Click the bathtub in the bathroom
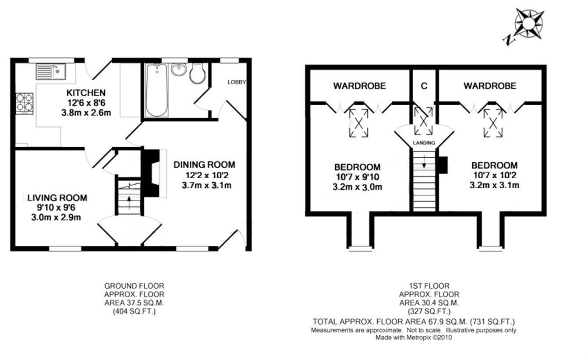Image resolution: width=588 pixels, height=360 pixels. pos(156,90)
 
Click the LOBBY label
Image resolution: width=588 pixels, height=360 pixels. pos(237,82)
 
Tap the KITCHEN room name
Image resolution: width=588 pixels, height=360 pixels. pos(86,93)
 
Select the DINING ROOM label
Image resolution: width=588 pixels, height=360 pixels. pos(204,165)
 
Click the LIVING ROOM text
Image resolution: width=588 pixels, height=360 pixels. pos(57,198)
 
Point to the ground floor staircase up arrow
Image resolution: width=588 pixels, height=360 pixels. pos(129,204)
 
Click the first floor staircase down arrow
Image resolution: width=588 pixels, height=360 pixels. pos(424,163)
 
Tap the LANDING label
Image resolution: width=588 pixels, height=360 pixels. pos(424,143)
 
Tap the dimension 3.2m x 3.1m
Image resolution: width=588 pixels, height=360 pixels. pos(494,185)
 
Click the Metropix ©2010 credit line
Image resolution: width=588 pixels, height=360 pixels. pos(414,338)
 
